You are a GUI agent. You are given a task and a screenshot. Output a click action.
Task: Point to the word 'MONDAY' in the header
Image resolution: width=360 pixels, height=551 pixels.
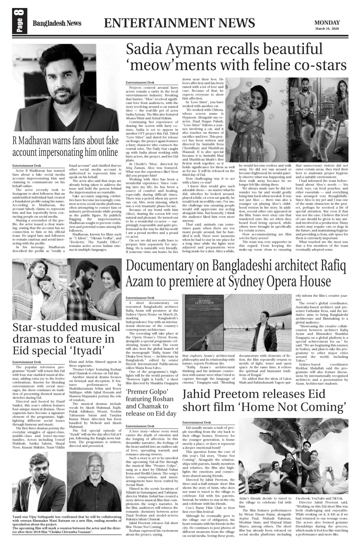coord(327,23)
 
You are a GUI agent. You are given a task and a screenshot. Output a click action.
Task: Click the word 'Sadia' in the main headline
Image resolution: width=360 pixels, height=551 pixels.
coord(147,49)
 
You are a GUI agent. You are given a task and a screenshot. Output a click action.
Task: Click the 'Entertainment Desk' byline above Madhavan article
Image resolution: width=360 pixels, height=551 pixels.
coord(26,166)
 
